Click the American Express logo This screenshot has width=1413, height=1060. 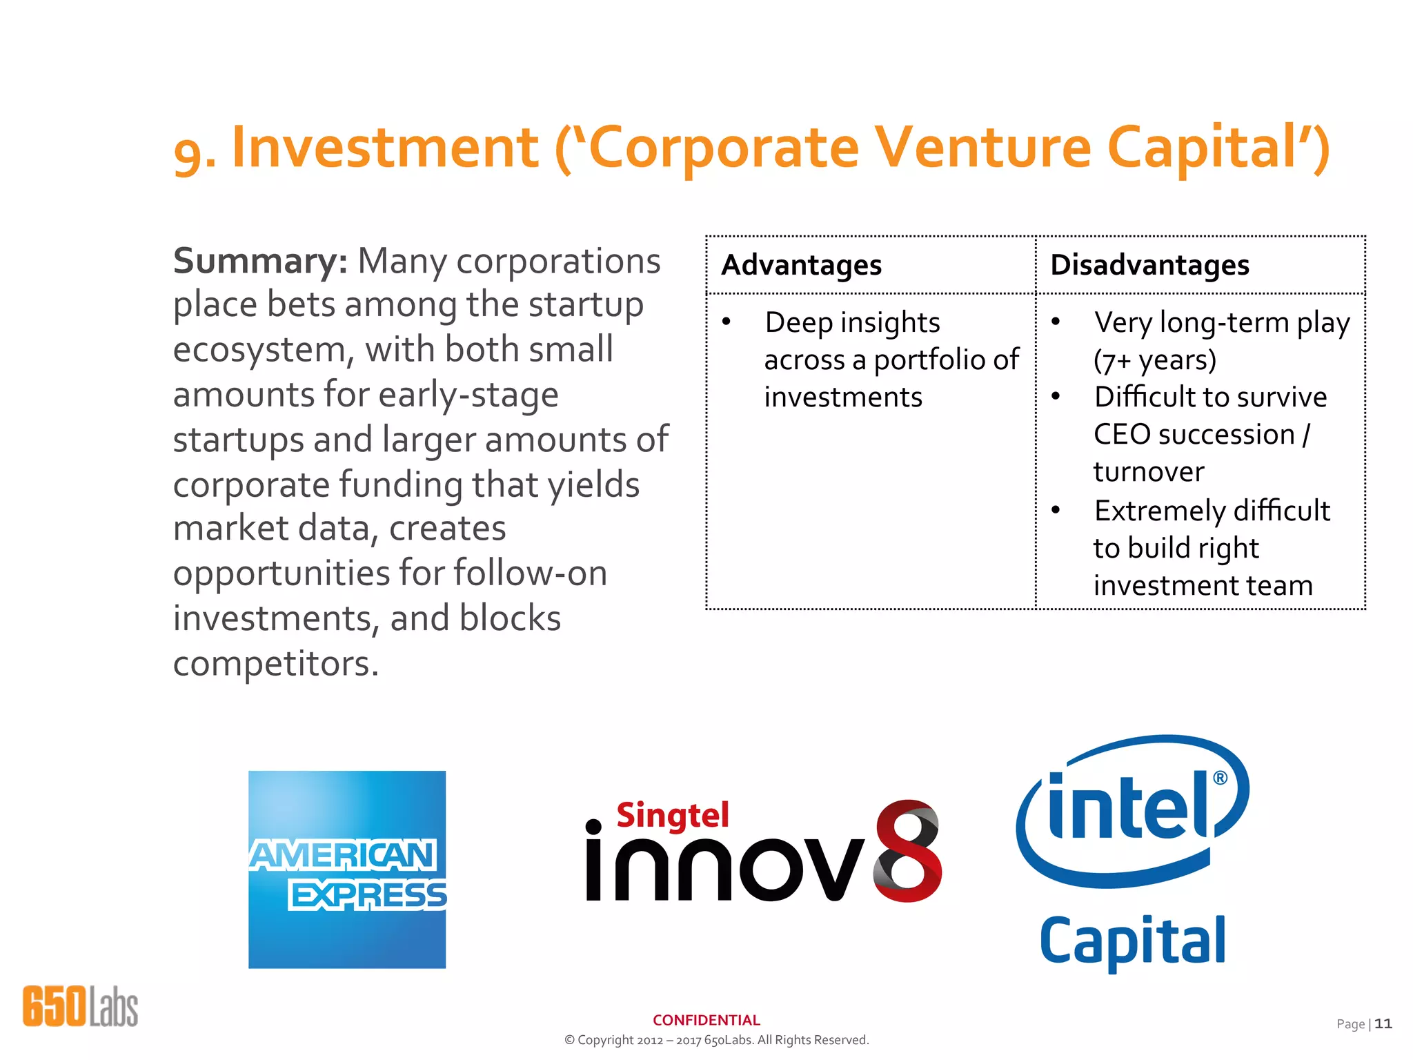pyautogui.click(x=347, y=870)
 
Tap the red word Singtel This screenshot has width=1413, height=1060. pyautogui.click(x=673, y=816)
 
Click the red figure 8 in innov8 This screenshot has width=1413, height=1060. pyautogui.click(x=907, y=852)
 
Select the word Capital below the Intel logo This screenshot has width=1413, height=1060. pyautogui.click(x=1132, y=941)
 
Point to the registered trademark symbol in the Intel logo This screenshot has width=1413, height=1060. pyautogui.click(x=1220, y=778)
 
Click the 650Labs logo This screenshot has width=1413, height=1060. pyautogui.click(x=80, y=1006)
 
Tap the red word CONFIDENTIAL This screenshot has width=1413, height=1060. pyautogui.click(x=706, y=1020)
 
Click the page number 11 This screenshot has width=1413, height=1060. pyautogui.click(x=1383, y=1023)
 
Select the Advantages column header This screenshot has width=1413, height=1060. pyautogui.click(x=801, y=265)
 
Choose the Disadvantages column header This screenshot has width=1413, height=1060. pyautogui.click(x=1149, y=265)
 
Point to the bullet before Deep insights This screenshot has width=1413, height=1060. pyautogui.click(x=727, y=322)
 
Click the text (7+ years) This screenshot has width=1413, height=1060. pyautogui.click(x=1154, y=360)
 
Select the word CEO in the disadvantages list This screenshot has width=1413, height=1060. pyautogui.click(x=1122, y=435)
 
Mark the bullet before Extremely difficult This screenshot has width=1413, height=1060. pyautogui.click(x=1056, y=510)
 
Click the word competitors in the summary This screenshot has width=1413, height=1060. pyautogui.click(x=275, y=664)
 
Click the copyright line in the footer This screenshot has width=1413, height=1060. pyautogui.click(x=716, y=1040)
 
